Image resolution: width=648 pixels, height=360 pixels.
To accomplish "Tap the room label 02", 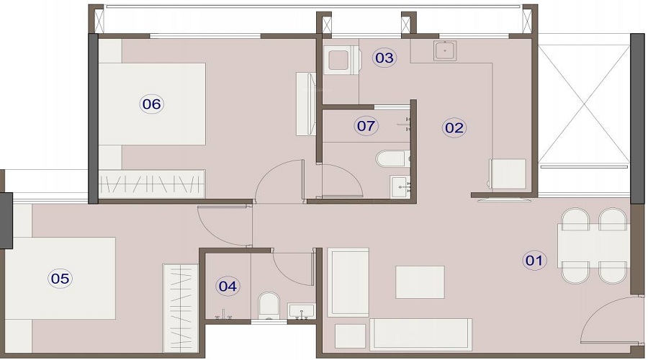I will point(454,128).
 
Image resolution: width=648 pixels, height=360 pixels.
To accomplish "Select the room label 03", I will point(384,58).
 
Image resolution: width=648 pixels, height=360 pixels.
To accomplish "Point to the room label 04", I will point(228,286).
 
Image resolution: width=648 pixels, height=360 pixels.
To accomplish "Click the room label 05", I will point(61,277).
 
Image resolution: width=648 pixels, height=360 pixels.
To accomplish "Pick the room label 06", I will point(151,104).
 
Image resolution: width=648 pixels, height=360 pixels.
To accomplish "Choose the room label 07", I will point(366,127).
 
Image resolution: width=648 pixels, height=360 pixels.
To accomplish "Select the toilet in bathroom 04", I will point(268,304).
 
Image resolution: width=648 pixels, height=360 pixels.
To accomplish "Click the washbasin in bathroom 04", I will point(301,311).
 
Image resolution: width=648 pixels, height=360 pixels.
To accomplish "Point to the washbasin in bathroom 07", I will point(400,186).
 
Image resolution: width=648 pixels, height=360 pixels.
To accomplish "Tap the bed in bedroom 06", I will point(153,104).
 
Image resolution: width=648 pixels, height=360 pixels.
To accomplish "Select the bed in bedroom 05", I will point(61,277).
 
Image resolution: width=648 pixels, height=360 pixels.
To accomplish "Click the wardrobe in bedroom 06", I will point(152,185).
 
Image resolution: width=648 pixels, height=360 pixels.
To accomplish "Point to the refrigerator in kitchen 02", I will point(508,174).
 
